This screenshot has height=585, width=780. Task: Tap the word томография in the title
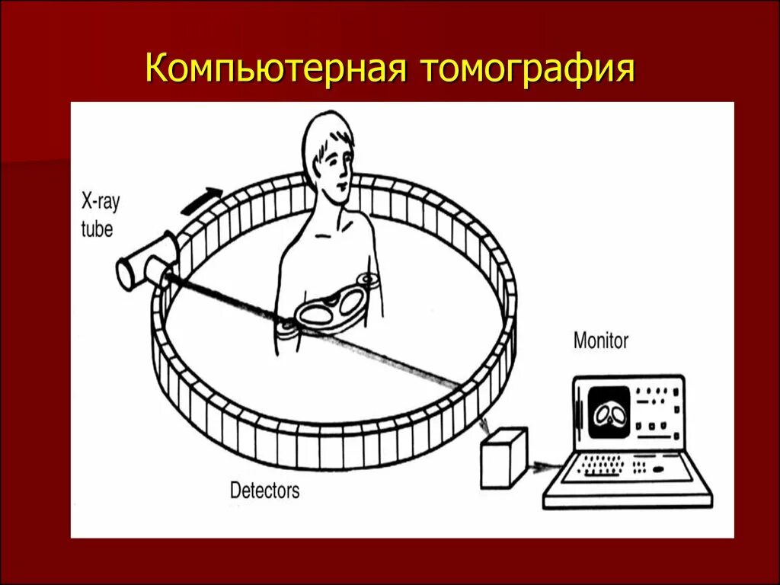(x=525, y=68)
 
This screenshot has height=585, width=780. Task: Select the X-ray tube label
(x=100, y=216)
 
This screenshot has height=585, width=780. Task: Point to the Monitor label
(x=601, y=340)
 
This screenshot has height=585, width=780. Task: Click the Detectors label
(x=265, y=490)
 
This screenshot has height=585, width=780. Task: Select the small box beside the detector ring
(x=503, y=457)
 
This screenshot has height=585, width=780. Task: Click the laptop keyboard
(x=625, y=466)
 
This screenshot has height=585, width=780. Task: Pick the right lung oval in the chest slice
(x=351, y=303)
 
